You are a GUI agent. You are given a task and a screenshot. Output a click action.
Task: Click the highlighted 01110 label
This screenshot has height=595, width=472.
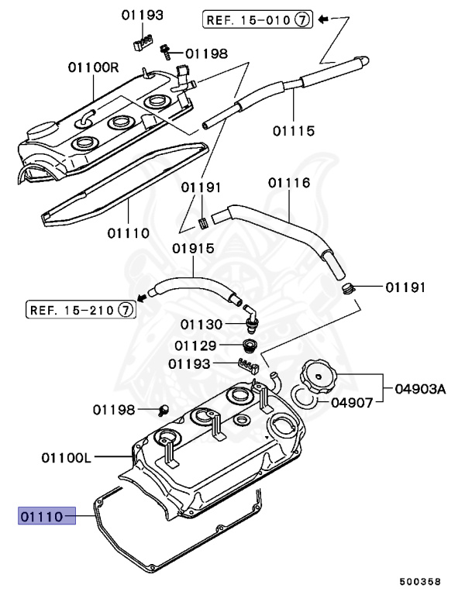(47, 514)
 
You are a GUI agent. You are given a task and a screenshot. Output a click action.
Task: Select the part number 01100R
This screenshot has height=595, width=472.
(93, 67)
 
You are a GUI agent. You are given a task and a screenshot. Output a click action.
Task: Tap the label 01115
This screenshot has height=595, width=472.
(293, 131)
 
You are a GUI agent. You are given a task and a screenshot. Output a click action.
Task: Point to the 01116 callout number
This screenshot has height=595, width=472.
(289, 183)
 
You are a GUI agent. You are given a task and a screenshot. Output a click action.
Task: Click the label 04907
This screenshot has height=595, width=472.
(353, 402)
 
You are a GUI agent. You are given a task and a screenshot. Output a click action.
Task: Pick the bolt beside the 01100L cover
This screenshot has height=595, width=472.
(165, 409)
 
